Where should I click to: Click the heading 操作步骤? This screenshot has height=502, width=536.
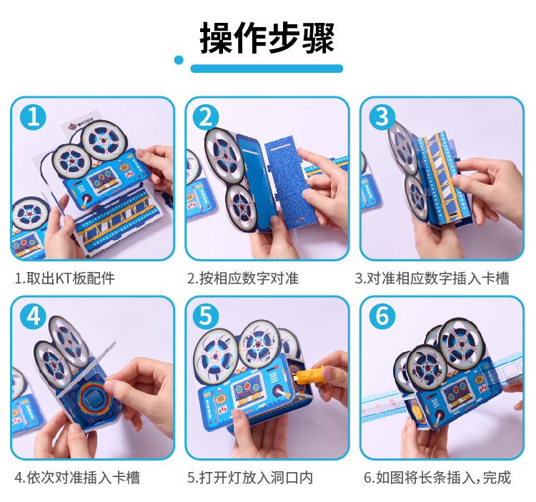click(267, 38)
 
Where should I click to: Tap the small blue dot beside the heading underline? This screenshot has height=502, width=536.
click(179, 60)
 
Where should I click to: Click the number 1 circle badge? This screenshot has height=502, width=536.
click(33, 117)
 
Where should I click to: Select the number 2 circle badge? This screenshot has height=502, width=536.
click(206, 117)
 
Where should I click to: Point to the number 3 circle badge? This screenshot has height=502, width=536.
click(382, 117)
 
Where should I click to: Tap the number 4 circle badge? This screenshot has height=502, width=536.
click(33, 316)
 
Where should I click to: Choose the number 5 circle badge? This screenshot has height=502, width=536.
click(206, 316)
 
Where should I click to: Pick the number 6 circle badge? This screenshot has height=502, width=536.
click(382, 316)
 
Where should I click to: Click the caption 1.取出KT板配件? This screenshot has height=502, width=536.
click(64, 278)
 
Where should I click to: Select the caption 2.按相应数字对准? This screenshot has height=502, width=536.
click(243, 278)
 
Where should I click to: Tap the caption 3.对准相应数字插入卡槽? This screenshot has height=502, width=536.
click(432, 278)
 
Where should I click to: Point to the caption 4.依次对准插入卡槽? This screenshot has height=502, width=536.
click(77, 478)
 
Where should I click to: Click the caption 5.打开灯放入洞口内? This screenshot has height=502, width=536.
click(250, 478)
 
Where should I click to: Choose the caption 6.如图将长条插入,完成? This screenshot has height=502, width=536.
click(437, 478)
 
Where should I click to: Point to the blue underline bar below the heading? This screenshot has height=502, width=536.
click(267, 69)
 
